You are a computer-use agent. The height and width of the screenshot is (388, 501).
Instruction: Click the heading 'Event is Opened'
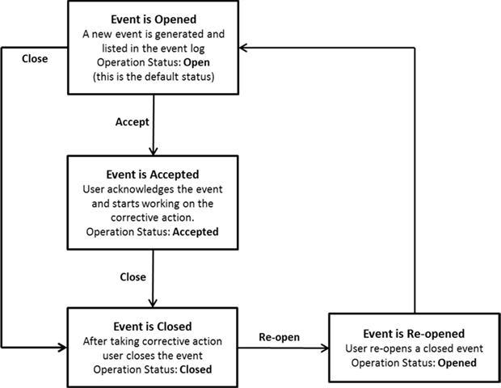click(x=153, y=19)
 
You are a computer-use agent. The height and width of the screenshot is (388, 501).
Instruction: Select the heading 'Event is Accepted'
click(x=152, y=173)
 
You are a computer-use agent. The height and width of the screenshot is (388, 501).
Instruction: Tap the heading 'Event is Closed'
click(x=153, y=327)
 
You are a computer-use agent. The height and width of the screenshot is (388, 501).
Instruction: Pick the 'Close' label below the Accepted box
click(x=133, y=276)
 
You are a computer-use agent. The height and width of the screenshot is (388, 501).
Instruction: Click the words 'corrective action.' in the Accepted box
click(x=152, y=217)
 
